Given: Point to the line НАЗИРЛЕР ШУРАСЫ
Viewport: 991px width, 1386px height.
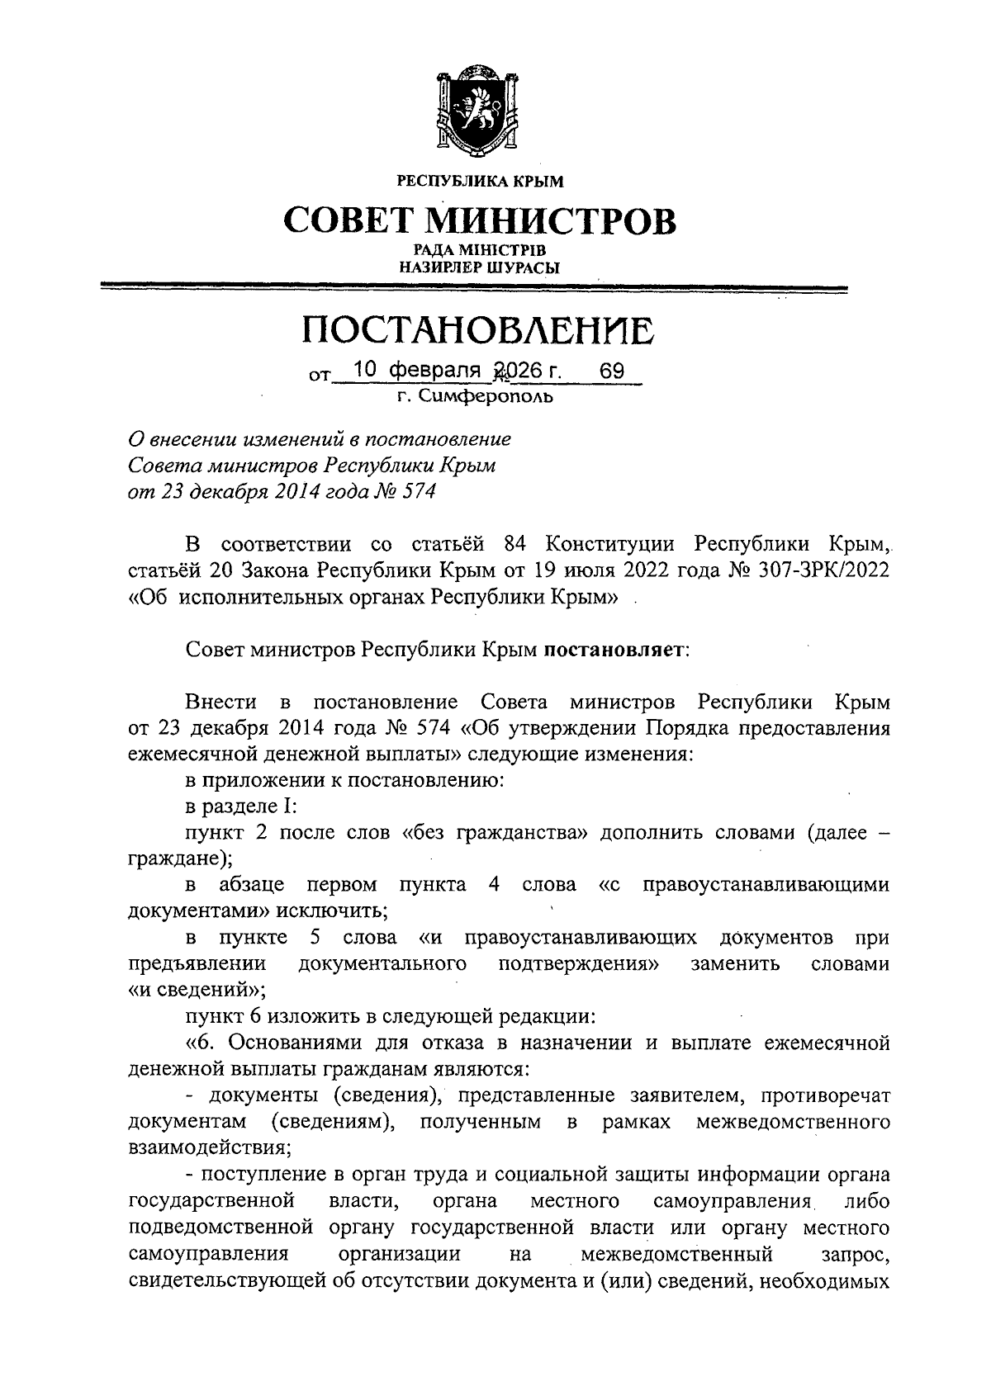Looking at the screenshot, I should tap(479, 267).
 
